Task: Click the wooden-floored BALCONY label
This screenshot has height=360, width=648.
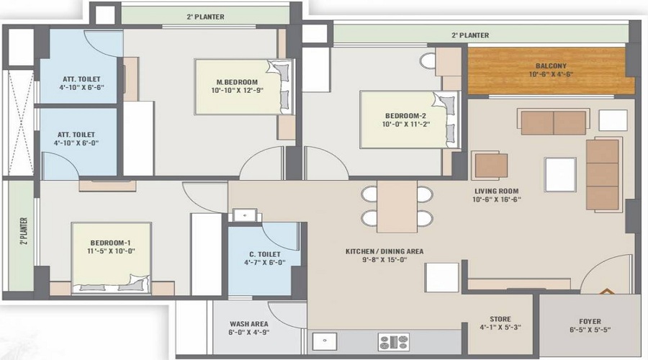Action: click(551, 66)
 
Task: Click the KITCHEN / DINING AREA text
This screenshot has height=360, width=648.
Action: click(384, 251)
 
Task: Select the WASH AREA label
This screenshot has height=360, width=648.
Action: click(250, 324)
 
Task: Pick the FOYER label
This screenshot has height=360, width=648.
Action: click(590, 321)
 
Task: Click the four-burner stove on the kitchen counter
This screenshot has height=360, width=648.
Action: click(394, 342)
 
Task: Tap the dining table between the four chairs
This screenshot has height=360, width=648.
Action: click(397, 206)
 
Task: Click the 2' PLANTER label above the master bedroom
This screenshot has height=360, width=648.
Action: click(205, 17)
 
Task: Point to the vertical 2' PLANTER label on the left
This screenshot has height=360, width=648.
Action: click(23, 232)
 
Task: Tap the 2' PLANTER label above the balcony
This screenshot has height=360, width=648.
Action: click(470, 35)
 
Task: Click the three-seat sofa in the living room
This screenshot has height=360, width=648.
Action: click(603, 175)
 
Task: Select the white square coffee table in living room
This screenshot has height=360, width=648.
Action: click(560, 174)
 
